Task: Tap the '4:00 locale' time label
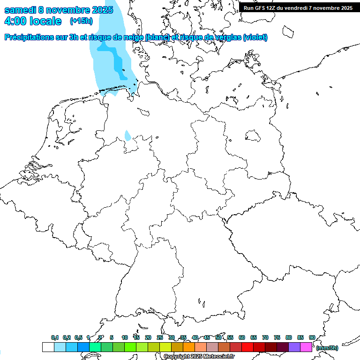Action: pos(33,21)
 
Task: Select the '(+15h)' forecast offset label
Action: pos(81,21)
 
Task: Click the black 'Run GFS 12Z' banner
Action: pos(298,7)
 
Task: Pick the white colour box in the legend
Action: pos(48,347)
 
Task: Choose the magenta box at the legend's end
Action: pos(306,347)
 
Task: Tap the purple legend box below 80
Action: pos(294,347)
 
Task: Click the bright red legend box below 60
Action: pos(247,347)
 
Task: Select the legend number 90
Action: pos(312,337)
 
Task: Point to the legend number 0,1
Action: pos(55,337)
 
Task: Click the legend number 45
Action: pos(207,337)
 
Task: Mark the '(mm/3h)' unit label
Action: pos(327,348)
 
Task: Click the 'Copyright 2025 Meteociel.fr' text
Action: pos(199,357)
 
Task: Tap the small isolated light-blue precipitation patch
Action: pos(127,136)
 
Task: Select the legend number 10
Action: pos(124,337)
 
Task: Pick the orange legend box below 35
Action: pos(188,347)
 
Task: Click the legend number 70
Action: pos(265,337)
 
